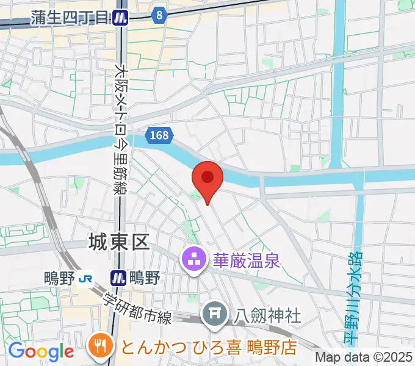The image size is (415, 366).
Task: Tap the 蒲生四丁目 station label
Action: tap(70, 18)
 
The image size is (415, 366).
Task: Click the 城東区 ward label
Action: tap(119, 243)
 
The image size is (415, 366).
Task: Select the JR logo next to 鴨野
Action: tap(84, 278)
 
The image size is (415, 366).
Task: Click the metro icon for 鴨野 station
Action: tap(118, 278)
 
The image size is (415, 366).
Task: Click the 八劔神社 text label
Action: tap(268, 315)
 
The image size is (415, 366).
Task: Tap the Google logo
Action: tap(41, 351)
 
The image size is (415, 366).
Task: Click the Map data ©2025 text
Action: tap(364, 357)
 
